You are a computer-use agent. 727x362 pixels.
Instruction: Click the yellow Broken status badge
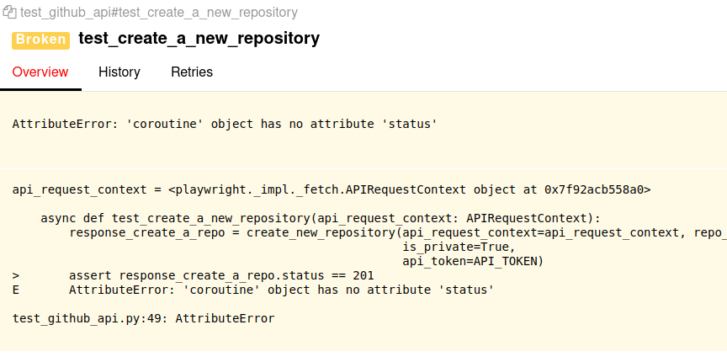40,40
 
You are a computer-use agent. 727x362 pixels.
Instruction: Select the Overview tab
40,72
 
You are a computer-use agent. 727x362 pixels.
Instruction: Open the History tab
119,72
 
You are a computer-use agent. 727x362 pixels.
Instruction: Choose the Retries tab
192,72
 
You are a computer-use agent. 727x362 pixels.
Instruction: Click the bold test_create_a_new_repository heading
199,39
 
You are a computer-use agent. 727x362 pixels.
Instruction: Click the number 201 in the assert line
363,275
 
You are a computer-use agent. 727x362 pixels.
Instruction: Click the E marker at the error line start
16,290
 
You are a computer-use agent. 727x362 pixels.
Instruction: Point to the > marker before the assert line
16,275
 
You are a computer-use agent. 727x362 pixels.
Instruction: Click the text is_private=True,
459,247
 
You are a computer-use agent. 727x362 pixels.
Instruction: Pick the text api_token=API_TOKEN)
473,261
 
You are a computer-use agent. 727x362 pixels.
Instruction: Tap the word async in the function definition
59,218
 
